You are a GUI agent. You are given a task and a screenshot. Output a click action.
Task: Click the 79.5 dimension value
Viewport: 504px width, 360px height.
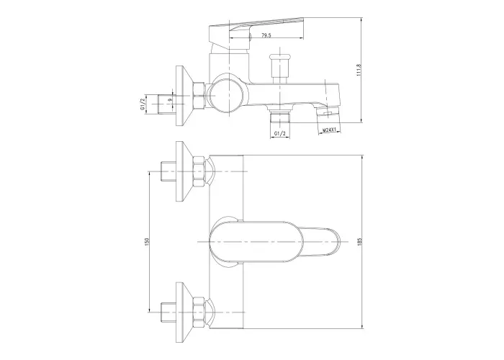(266, 35)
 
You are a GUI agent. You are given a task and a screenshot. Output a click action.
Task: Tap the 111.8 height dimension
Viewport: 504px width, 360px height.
(359, 70)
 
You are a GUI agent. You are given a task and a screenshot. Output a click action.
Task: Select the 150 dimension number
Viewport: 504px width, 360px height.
(147, 242)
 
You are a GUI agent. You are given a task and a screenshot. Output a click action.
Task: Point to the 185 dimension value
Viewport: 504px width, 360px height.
(359, 242)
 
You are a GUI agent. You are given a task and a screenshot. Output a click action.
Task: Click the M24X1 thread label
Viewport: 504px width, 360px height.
(329, 130)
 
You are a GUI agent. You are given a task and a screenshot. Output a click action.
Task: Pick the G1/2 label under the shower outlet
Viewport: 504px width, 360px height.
(280, 133)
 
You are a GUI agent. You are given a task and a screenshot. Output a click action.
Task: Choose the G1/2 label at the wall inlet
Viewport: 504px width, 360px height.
(143, 104)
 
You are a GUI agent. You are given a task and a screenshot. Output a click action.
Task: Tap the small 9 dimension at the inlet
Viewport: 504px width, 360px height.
(171, 99)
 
